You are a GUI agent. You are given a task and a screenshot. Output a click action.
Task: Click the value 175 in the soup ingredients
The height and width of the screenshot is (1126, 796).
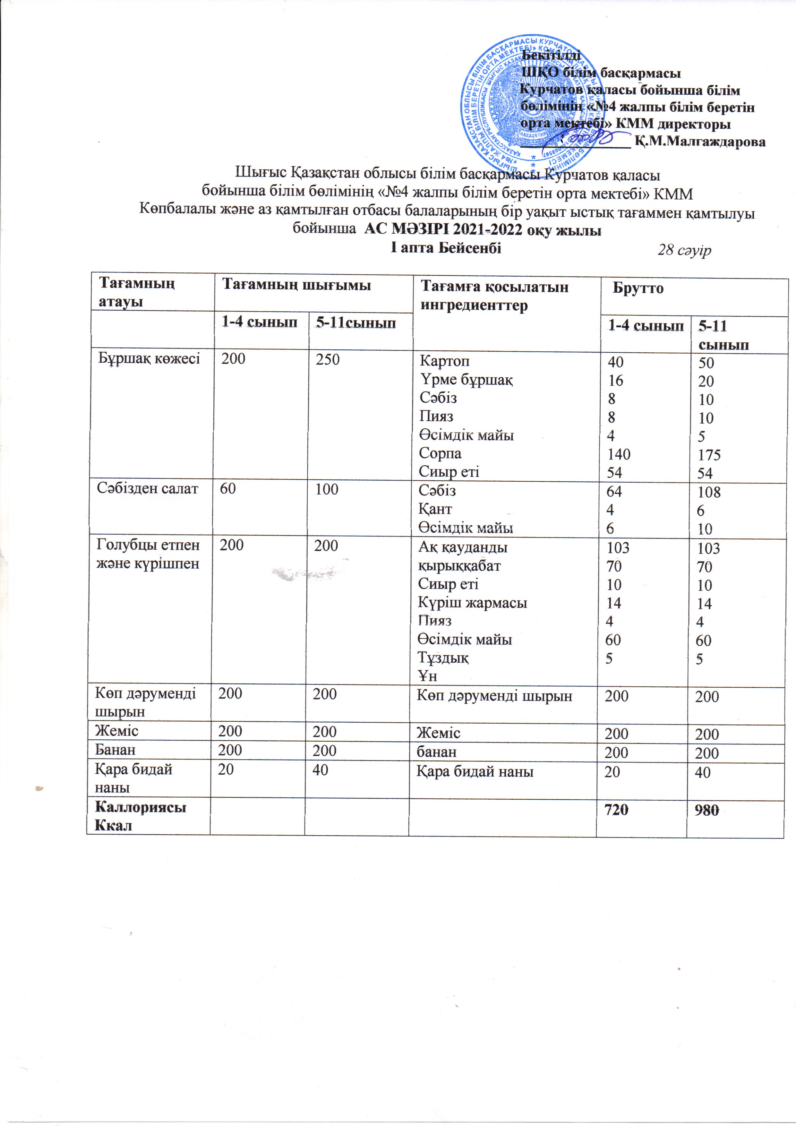(710, 455)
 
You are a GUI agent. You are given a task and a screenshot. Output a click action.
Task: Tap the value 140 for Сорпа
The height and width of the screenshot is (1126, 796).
(619, 454)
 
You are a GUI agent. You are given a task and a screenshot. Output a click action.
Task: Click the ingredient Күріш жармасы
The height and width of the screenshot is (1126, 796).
(472, 602)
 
